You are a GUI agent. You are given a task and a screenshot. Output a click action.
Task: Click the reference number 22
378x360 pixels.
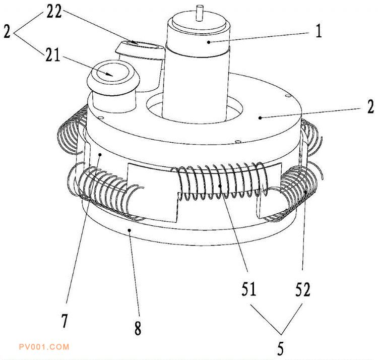[54, 11]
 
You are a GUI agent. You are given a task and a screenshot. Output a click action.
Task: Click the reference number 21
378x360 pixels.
[53, 55]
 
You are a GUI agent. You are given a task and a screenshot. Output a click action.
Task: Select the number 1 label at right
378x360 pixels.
[319, 31]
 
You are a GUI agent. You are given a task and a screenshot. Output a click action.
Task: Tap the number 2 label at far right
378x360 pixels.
[370, 106]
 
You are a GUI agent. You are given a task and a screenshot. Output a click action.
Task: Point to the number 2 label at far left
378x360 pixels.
[7, 31]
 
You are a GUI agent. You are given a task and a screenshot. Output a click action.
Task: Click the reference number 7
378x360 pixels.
[65, 321]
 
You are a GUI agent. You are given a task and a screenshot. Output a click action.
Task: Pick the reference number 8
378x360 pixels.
[138, 328]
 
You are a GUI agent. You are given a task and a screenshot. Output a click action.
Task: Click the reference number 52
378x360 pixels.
[302, 289]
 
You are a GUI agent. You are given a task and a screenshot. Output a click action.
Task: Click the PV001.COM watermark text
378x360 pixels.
[44, 347]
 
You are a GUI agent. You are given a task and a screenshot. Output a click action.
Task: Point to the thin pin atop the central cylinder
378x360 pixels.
[200, 13]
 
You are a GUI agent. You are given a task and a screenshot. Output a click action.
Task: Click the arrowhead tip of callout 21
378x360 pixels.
[113, 76]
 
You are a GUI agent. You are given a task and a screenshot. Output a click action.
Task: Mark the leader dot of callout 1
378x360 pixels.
[209, 42]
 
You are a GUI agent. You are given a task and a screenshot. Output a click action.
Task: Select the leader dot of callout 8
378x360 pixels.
[130, 230]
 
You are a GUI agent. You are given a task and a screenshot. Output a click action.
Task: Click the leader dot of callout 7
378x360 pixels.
[100, 154]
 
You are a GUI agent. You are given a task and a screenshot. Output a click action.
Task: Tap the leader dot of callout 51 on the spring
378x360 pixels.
[220, 186]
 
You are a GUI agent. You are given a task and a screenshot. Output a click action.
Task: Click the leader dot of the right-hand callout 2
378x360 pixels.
[260, 117]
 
